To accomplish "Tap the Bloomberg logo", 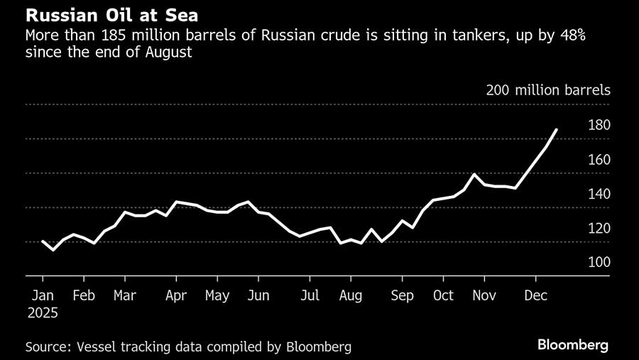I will (572, 346).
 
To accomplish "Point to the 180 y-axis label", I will (599, 125).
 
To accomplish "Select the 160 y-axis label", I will (599, 160).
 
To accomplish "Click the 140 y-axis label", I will (599, 194).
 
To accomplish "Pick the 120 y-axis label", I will (599, 229).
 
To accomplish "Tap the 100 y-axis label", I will (599, 263).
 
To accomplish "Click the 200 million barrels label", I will (548, 90).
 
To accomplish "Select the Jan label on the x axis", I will (43, 295).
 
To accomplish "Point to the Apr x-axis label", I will (175, 295).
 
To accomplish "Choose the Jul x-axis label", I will (309, 295).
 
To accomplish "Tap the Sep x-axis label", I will (403, 295).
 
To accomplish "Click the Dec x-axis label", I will (535, 295).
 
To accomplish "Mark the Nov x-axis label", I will (485, 295).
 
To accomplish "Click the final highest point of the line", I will (557, 129).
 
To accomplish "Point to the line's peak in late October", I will (474, 174).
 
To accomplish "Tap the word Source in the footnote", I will (48, 347).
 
